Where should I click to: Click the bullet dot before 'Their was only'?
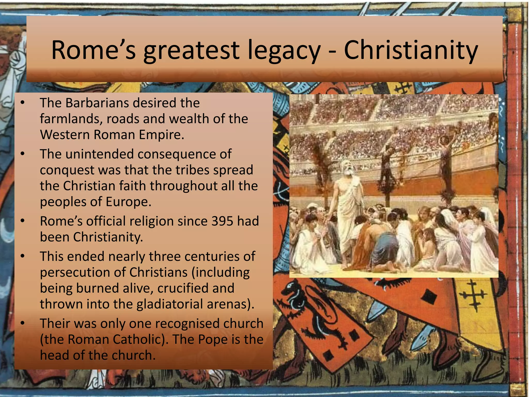(23, 323)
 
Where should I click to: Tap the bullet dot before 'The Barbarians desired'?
(23, 103)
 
